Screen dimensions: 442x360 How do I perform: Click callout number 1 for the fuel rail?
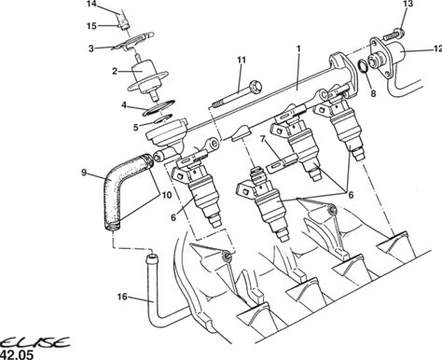298,48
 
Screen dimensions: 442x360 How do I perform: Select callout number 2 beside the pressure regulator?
115,71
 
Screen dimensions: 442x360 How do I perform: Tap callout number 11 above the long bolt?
242,60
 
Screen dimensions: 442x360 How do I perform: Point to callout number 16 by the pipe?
122,297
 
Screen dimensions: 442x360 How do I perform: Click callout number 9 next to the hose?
84,173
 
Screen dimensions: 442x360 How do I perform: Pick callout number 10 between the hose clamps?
167,195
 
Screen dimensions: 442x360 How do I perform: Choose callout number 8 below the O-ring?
373,93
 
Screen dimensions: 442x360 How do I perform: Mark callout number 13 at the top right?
407,4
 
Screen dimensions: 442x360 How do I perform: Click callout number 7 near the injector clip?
263,139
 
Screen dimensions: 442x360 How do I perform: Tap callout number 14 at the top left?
91,4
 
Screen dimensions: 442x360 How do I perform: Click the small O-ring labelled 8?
363,67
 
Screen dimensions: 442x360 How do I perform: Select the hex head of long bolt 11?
256,85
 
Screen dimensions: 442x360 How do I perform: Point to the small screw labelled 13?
394,35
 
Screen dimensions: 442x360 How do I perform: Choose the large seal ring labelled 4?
159,108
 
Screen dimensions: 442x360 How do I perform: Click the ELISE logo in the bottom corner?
35,342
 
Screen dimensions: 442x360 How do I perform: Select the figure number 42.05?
17,354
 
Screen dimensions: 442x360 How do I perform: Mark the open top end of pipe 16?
152,257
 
